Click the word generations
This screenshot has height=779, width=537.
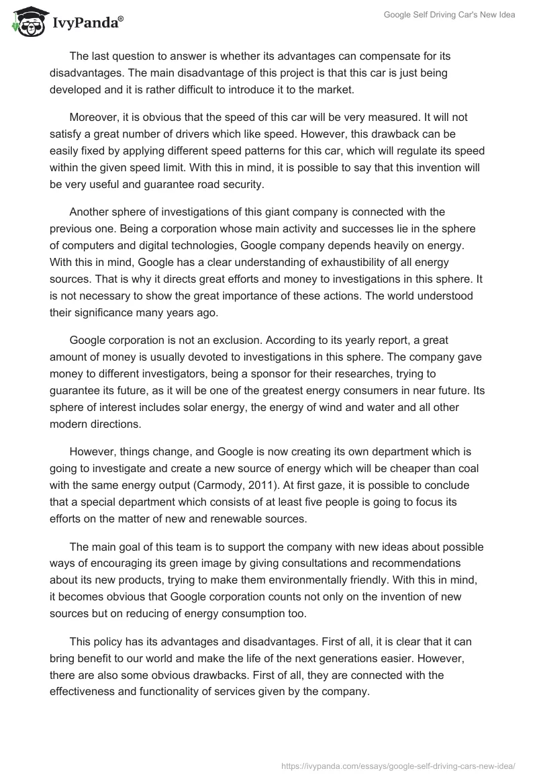coord(390,662)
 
